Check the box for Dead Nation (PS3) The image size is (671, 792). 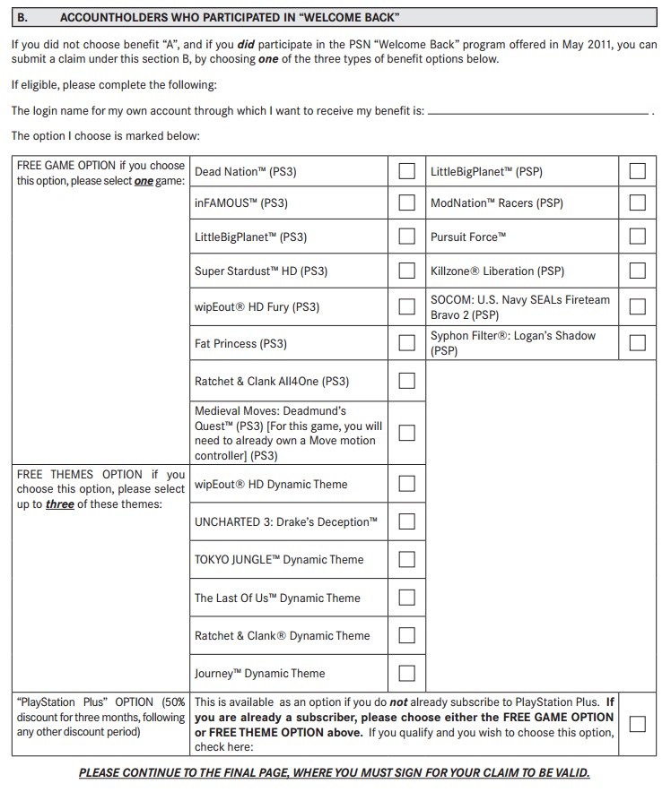[x=407, y=171]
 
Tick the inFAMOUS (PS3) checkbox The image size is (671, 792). [x=407, y=202]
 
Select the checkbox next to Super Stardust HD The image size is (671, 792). [x=407, y=271]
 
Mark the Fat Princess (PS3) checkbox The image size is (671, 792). [x=407, y=343]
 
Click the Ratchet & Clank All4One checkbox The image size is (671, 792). [x=407, y=381]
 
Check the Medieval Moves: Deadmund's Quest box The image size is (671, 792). [x=407, y=433]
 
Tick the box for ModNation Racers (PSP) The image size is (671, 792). [x=638, y=202]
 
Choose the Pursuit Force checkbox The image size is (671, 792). [x=638, y=237]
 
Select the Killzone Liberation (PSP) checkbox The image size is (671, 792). [x=638, y=271]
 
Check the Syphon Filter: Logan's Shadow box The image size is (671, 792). [x=638, y=342]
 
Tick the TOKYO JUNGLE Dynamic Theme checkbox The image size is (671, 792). [x=407, y=559]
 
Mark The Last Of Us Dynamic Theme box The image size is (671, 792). [x=407, y=598]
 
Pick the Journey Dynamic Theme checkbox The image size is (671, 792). [x=407, y=673]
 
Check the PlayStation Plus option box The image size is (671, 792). [x=638, y=724]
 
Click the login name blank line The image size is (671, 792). [x=538, y=113]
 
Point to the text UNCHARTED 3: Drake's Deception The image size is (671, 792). [x=285, y=521]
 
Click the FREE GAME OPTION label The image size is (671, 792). [x=66, y=166]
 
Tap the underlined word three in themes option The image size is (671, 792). [x=60, y=504]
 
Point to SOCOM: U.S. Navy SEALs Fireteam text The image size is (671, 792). [x=519, y=299]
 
